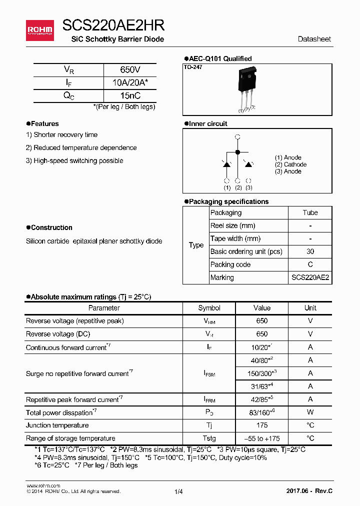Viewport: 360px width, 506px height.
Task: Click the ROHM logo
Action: pyautogui.click(x=39, y=30)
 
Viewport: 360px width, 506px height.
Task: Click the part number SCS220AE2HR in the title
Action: pyautogui.click(x=113, y=26)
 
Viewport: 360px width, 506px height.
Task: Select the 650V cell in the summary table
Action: pyautogui.click(x=130, y=70)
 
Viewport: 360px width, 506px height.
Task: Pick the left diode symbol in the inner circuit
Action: pyautogui.click(x=226, y=164)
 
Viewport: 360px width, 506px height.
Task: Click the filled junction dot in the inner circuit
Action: pyautogui.click(x=237, y=151)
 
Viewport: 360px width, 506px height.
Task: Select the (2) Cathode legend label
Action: pyautogui.click(x=290, y=164)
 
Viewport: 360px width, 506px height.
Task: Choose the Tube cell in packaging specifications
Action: pyautogui.click(x=310, y=212)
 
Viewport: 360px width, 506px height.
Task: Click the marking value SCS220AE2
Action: pyautogui.click(x=310, y=277)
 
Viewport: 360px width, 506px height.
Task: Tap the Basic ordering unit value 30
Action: pyautogui.click(x=310, y=251)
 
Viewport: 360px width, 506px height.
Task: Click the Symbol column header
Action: pyautogui.click(x=209, y=308)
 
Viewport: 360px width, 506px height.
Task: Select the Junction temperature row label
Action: pyautogui.click(x=57, y=425)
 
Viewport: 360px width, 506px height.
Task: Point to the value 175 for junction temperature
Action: pyautogui.click(x=261, y=425)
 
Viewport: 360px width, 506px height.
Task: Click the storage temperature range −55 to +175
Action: pyautogui.click(x=261, y=438)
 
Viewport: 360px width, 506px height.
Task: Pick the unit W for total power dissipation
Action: pyautogui.click(x=310, y=412)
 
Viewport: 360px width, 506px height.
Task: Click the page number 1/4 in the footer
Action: pyautogui.click(x=179, y=492)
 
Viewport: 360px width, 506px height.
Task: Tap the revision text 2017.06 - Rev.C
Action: pyautogui.click(x=309, y=492)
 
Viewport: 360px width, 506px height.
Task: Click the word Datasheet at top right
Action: pyautogui.click(x=314, y=39)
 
